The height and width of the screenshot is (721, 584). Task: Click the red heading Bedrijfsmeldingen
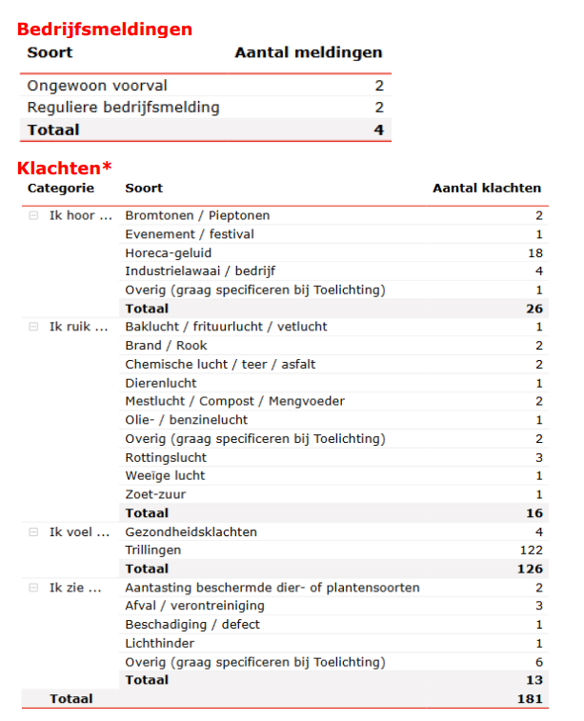click(x=105, y=30)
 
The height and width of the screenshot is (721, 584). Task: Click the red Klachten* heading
click(x=64, y=169)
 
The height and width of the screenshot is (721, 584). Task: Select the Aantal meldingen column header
click(x=309, y=52)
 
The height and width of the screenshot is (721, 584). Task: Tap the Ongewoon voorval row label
click(x=97, y=86)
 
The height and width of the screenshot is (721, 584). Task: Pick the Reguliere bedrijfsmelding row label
click(x=123, y=108)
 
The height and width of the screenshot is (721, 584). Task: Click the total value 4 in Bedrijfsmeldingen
click(x=378, y=130)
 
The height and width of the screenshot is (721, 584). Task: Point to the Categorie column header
click(x=61, y=189)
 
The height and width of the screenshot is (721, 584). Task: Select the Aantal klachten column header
click(x=487, y=189)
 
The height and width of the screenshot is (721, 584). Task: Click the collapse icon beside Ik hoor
click(x=33, y=215)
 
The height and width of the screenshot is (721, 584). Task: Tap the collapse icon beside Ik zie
click(x=33, y=588)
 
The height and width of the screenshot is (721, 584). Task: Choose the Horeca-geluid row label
click(x=168, y=252)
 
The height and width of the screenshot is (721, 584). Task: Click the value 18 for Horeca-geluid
click(x=534, y=252)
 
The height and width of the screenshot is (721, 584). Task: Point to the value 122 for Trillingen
click(x=531, y=550)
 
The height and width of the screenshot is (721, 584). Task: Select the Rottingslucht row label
click(x=166, y=457)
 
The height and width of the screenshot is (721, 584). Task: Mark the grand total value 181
click(x=531, y=699)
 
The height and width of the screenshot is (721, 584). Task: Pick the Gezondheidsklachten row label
click(x=191, y=531)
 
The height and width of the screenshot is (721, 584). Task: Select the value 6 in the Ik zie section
click(x=538, y=662)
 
